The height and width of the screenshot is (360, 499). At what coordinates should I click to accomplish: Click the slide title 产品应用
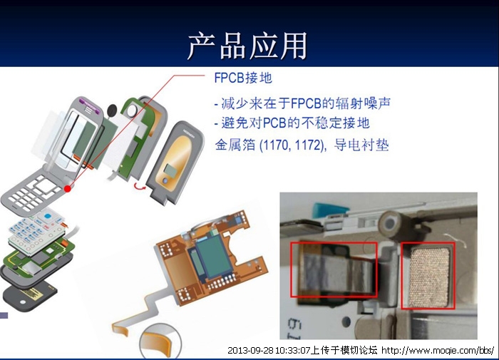coord(247,46)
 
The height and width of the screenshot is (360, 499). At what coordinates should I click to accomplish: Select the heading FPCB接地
coord(243,78)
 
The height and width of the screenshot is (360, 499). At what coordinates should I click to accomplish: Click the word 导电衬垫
coord(361,145)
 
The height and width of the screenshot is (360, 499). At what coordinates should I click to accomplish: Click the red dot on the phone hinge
coord(68,189)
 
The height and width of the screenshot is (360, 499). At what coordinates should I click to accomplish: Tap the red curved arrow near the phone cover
coord(139,186)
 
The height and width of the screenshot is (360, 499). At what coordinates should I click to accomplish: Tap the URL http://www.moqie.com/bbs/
coord(438,351)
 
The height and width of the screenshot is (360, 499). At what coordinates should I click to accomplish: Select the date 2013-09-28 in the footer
coord(250,351)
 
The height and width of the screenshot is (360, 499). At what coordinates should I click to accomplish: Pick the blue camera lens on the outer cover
coord(165,181)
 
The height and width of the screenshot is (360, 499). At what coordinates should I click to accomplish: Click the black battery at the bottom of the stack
coord(29,295)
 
